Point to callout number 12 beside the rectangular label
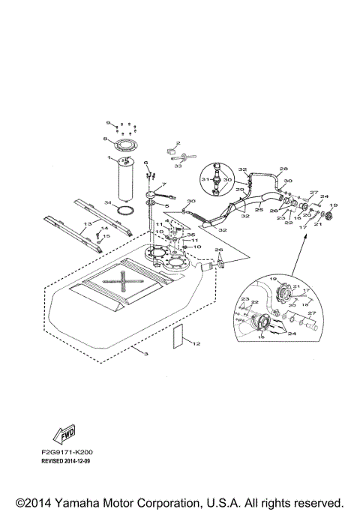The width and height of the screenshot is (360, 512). click(x=197, y=344)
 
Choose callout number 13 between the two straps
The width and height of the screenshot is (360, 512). click(x=88, y=223)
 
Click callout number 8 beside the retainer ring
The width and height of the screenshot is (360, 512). click(x=106, y=139)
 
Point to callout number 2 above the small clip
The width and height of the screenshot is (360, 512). click(x=178, y=142)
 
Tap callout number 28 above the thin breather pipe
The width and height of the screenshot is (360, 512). click(x=262, y=169)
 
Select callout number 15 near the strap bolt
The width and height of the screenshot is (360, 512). click(x=107, y=237)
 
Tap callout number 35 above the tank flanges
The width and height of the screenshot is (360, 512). click(x=190, y=235)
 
